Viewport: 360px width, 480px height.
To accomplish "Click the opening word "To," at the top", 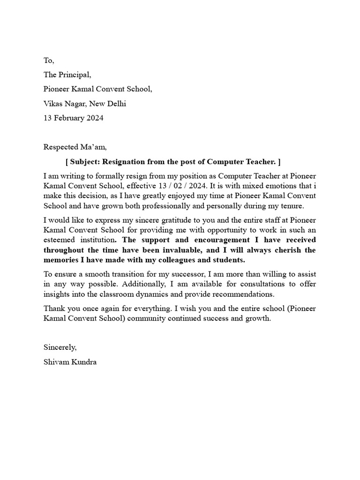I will (49, 60).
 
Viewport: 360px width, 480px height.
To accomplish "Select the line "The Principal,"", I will (67, 75).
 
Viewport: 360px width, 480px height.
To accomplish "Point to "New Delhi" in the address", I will (109, 104).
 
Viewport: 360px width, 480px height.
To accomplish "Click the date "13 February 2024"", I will (73, 118).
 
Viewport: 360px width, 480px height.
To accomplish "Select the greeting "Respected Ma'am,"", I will (75, 147).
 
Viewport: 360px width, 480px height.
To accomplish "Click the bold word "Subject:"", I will (84, 162).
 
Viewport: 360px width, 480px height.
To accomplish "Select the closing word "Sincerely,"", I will (60, 347).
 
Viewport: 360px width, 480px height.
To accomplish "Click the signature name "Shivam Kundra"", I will (70, 362).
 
